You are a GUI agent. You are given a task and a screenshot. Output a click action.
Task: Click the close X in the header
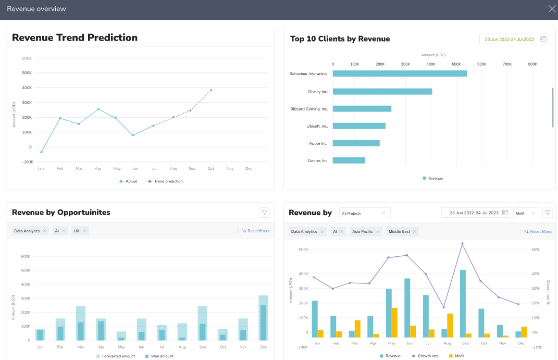click(x=552, y=8)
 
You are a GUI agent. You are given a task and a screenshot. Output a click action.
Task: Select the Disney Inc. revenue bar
click(x=382, y=91)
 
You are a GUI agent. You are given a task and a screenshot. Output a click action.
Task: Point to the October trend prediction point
click(x=211, y=90)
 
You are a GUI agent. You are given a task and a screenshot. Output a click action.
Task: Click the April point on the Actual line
click(x=98, y=109)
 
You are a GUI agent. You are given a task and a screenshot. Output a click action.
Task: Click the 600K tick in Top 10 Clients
click(x=481, y=64)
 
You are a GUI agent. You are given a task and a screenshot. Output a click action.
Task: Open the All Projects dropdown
click(x=364, y=213)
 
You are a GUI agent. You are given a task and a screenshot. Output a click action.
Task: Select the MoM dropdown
click(x=525, y=213)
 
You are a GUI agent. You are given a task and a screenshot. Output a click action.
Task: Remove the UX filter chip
click(x=84, y=231)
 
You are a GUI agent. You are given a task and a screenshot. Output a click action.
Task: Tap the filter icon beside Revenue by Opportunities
click(x=265, y=212)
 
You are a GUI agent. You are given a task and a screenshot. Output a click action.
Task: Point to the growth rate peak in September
click(x=462, y=243)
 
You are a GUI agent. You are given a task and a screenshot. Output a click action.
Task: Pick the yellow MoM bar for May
click(x=394, y=322)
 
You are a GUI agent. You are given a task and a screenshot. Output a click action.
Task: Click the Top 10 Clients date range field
click(x=514, y=39)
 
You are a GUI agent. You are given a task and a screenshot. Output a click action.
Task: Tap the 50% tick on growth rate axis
click(x=535, y=250)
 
